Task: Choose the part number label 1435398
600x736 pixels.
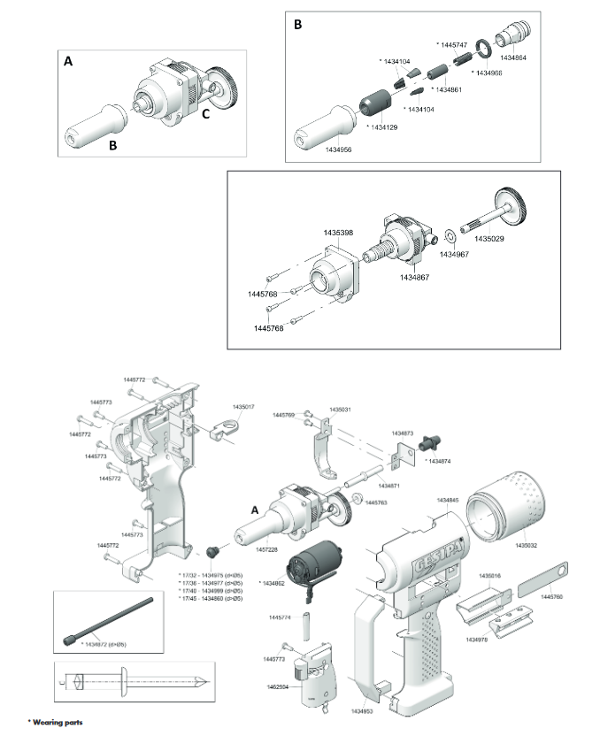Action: coord(338,232)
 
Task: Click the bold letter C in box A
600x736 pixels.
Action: coord(206,112)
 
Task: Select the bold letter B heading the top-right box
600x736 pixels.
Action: coord(298,25)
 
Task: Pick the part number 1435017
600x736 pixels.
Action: coord(243,408)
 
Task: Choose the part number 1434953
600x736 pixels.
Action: coord(360,710)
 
